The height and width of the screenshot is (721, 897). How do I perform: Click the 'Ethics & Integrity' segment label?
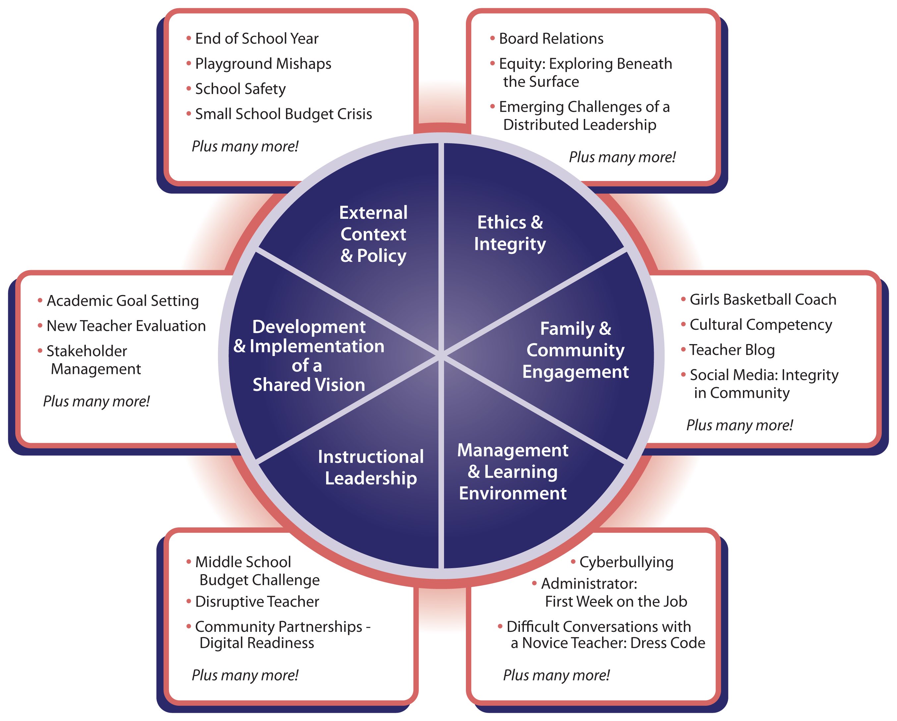tap(510, 233)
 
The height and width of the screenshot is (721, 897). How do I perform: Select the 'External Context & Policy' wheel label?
tap(373, 234)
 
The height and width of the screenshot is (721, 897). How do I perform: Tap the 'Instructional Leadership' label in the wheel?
tap(371, 467)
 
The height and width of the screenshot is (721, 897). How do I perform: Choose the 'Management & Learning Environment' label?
tap(513, 472)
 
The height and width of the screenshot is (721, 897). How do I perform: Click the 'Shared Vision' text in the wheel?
tap(309, 385)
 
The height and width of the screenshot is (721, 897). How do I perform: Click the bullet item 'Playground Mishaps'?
tap(263, 64)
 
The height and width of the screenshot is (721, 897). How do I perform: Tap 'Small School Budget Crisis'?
tap(283, 114)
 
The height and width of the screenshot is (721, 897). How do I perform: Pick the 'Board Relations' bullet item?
tap(551, 39)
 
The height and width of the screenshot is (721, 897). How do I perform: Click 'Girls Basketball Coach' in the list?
tap(762, 299)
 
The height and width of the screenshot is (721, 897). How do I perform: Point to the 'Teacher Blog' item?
tap(732, 350)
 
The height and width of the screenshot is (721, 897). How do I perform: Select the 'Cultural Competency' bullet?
tap(760, 325)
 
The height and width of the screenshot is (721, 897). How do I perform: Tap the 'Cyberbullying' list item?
tap(626, 562)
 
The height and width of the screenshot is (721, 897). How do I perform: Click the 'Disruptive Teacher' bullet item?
tap(257, 602)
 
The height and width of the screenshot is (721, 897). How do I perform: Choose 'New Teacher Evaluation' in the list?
tap(126, 326)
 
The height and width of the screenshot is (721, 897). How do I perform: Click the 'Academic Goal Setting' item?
tap(123, 301)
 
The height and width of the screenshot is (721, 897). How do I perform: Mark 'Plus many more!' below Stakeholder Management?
tap(96, 401)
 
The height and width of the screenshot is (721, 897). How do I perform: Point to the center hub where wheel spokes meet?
tap(441, 355)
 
